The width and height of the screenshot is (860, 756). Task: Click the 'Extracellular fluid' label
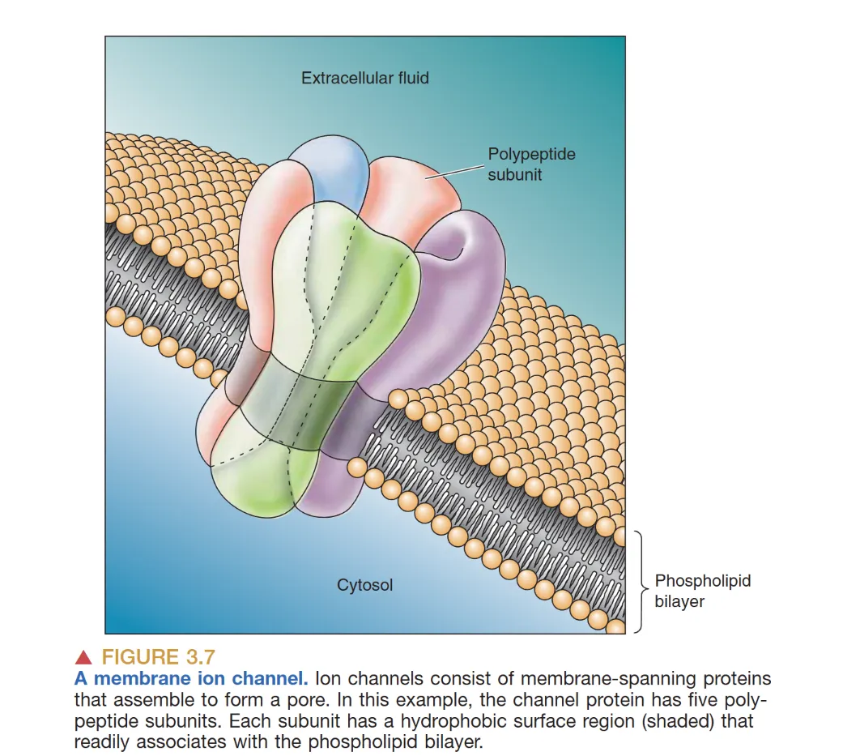pyautogui.click(x=364, y=78)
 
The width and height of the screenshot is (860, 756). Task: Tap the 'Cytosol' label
pyautogui.click(x=364, y=584)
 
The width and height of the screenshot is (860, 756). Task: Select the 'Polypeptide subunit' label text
pyautogui.click(x=531, y=164)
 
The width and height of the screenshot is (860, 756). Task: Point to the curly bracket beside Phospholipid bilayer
pyautogui.click(x=640, y=581)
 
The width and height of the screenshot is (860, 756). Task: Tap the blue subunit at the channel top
pyautogui.click(x=330, y=170)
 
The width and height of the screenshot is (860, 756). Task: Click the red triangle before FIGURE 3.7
pyautogui.click(x=85, y=657)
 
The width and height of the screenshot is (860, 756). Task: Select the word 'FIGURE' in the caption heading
pyautogui.click(x=139, y=657)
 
